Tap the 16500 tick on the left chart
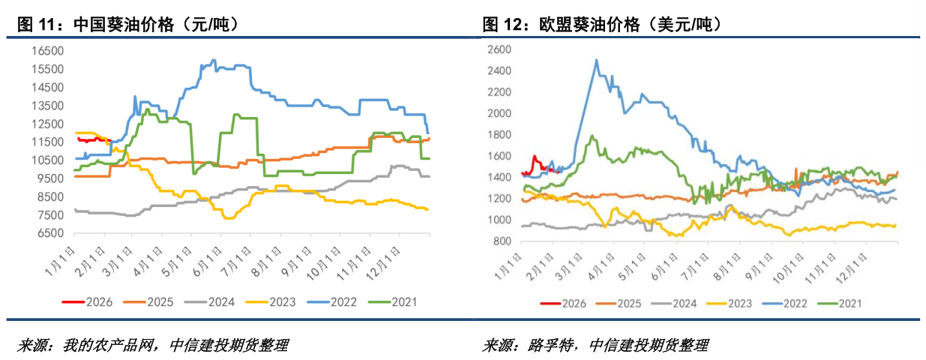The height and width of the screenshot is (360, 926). pyautogui.click(x=49, y=51)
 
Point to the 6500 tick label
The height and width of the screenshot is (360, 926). pyautogui.click(x=52, y=233)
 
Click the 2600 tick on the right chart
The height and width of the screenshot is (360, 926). pyautogui.click(x=499, y=49)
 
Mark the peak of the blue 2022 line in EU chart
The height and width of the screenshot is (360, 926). pyautogui.click(x=596, y=60)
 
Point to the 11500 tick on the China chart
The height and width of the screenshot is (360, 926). pyautogui.click(x=49, y=142)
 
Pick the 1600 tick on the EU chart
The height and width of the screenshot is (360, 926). pyautogui.click(x=499, y=156)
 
